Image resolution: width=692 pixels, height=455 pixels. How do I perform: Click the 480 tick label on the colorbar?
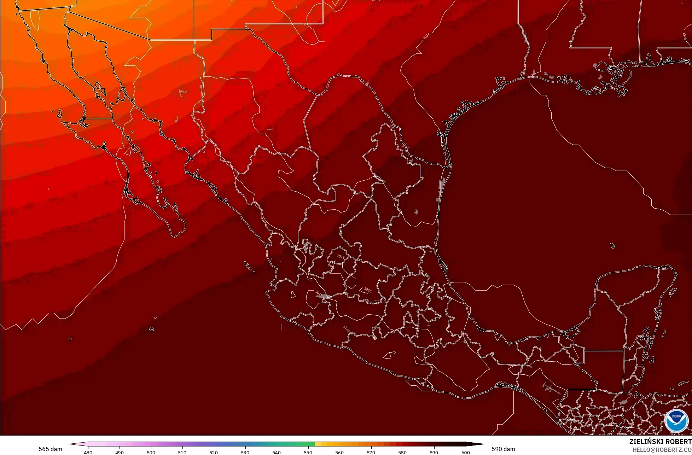tap(88, 452)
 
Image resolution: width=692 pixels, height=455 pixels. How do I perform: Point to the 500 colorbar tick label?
tap(151, 452)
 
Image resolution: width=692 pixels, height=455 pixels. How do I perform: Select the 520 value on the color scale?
tap(214, 452)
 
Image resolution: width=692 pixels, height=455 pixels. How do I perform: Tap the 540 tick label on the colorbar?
tap(277, 452)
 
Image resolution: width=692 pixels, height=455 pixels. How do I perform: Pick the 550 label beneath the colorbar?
tap(308, 452)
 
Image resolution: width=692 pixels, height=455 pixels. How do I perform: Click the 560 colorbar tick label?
tap(339, 452)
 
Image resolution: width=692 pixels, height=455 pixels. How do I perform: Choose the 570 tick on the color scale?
tap(371, 452)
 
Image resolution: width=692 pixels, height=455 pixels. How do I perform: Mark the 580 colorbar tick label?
tap(402, 452)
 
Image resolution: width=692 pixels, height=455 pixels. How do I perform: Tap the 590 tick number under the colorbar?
tap(434, 452)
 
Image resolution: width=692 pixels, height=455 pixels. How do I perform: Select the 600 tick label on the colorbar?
tap(465, 452)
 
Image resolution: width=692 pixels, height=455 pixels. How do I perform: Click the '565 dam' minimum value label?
tap(50, 449)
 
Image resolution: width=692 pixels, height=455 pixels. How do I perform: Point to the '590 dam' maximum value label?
tap(503, 449)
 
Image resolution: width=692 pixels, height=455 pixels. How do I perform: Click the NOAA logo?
tap(676, 420)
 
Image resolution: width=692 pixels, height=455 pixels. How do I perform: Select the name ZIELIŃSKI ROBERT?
tap(660, 442)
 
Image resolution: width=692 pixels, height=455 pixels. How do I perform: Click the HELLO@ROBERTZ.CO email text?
tap(662, 449)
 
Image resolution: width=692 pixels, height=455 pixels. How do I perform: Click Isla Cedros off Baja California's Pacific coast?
tap(59, 114)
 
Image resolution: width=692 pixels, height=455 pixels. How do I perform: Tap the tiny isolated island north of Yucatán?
tap(612, 246)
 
